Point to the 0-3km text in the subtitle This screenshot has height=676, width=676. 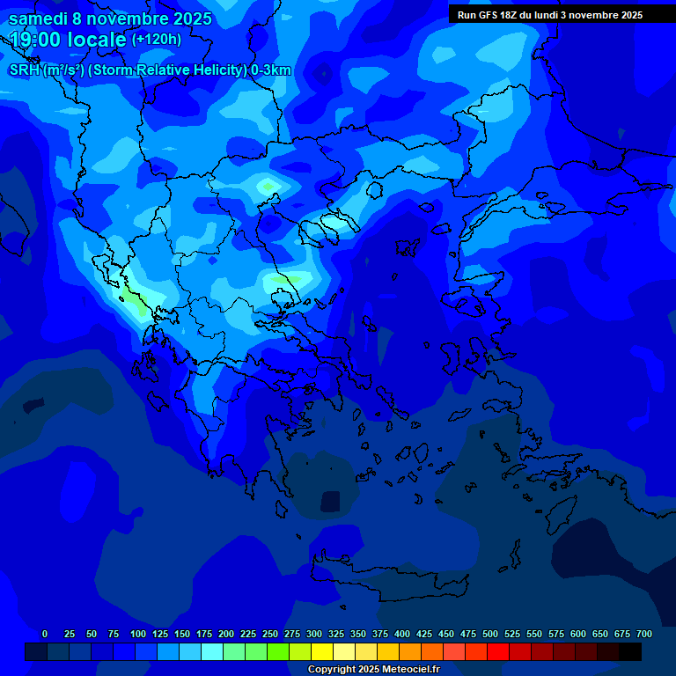(271, 70)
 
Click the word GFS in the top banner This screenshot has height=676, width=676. (485, 15)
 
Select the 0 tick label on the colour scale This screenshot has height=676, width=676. (45, 634)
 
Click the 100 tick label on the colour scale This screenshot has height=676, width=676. (138, 634)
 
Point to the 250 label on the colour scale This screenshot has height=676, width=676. (270, 634)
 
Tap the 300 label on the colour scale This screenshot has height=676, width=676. (314, 634)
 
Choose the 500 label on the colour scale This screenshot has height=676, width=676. (490, 634)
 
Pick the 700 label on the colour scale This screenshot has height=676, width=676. (644, 634)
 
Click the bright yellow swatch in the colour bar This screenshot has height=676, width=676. (322, 652)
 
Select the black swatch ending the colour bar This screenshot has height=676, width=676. (630, 652)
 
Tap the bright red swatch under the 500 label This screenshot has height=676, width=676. (498, 652)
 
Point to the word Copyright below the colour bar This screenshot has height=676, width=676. (332, 670)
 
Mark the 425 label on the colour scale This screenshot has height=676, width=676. (424, 634)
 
